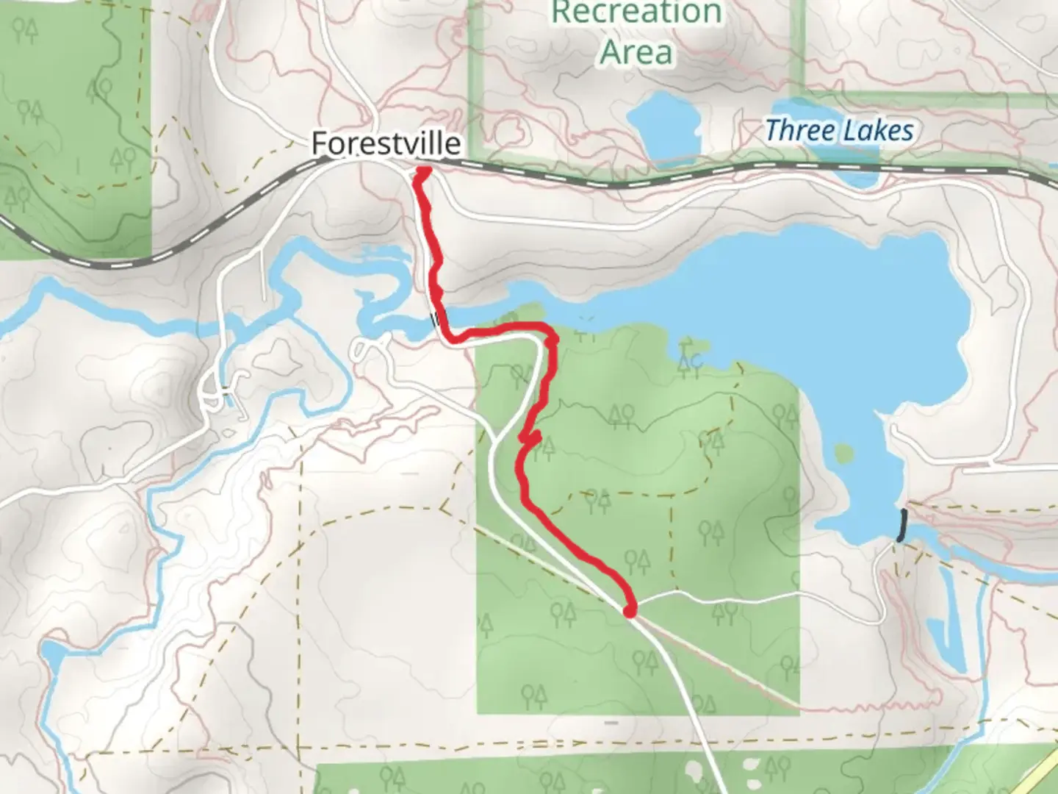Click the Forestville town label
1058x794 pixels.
point(386,143)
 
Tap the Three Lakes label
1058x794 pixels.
point(839,131)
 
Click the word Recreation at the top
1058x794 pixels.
point(636,12)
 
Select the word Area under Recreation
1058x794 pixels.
point(636,51)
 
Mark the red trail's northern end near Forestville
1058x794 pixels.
point(424,171)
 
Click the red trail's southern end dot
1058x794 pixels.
point(630,610)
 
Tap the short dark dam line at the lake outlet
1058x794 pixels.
point(902,525)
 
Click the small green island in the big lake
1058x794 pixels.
point(843,452)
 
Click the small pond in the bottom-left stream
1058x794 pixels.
point(52,654)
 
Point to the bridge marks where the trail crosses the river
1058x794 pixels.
point(436,319)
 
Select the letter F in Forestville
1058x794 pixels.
point(320,143)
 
